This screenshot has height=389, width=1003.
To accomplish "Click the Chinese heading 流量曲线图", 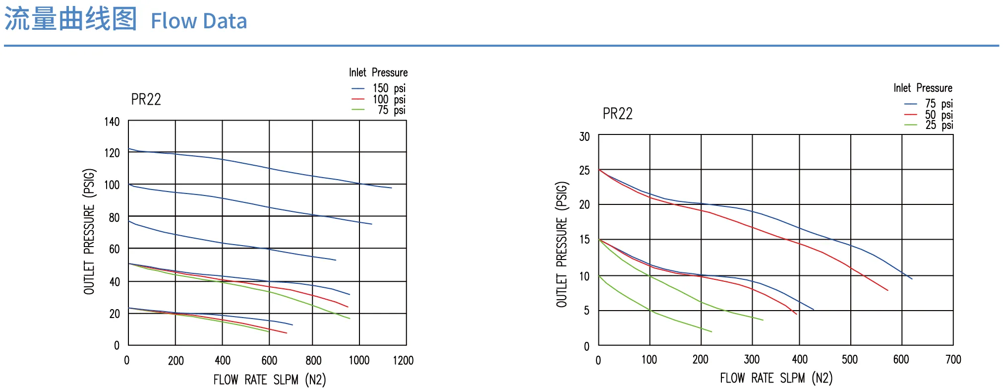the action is (70, 20).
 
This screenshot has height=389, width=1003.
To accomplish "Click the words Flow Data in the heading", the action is (199, 21).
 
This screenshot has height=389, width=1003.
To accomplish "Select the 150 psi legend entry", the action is (379, 88).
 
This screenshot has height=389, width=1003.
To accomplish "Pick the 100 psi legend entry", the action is (379, 99).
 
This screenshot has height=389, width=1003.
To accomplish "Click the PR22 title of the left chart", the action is (146, 100).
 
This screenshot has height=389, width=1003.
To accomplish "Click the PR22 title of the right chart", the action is (618, 114).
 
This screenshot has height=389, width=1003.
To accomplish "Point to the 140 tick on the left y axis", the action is (112, 122).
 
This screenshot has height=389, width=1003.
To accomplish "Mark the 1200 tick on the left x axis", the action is (403, 360).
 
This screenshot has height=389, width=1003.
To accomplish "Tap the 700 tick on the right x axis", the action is (953, 359).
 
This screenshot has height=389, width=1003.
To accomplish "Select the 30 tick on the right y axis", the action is (585, 136).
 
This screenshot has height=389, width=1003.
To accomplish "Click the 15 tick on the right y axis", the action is (585, 240).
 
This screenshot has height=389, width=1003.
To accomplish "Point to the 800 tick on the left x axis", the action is (313, 360).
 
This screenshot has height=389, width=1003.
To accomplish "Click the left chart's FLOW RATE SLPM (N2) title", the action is (270, 380).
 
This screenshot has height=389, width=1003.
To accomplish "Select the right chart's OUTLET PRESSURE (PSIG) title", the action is (562, 245).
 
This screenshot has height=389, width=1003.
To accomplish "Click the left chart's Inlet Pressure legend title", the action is (378, 72).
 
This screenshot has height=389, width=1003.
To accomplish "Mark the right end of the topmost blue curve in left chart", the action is (392, 188).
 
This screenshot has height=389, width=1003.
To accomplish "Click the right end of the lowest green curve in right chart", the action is (711, 331).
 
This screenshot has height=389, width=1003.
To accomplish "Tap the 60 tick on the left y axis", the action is (115, 249).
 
